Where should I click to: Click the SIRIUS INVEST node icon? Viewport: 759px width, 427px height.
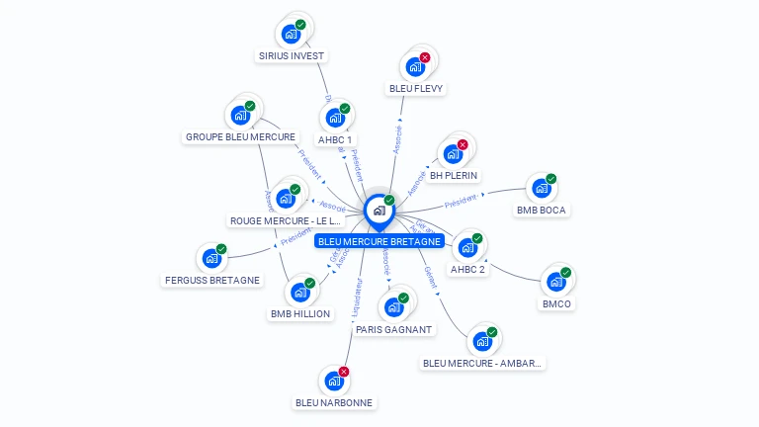[291, 34]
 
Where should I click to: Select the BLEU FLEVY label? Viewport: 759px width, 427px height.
[416, 88]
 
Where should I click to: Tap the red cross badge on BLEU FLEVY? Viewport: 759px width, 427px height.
[425, 58]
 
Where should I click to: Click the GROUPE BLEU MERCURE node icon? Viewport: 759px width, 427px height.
[240, 115]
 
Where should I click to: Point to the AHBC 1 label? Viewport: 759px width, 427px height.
[335, 139]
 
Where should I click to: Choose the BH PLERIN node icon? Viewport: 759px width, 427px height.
[453, 154]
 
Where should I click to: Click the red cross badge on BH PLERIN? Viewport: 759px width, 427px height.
[463, 145]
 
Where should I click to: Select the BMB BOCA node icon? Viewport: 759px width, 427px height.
[541, 188]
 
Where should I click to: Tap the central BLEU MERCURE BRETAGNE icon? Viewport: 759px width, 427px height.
[379, 211]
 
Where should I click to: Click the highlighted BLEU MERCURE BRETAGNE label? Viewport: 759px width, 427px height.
[379, 241]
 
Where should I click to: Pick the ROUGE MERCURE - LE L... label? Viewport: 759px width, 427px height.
[286, 220]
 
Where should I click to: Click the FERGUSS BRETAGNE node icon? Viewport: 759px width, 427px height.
[211, 258]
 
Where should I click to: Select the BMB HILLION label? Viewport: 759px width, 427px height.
[300, 313]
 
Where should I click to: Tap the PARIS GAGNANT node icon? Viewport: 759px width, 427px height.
[393, 306]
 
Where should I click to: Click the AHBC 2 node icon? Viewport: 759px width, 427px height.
[467, 247]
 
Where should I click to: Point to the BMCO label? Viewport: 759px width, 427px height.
[557, 303]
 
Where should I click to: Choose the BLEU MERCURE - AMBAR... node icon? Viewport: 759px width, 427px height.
[482, 341]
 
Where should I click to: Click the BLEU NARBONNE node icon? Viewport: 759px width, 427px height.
[334, 381]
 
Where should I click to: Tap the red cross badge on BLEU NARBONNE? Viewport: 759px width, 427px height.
[344, 372]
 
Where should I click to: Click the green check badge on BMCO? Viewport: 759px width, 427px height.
[566, 273]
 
